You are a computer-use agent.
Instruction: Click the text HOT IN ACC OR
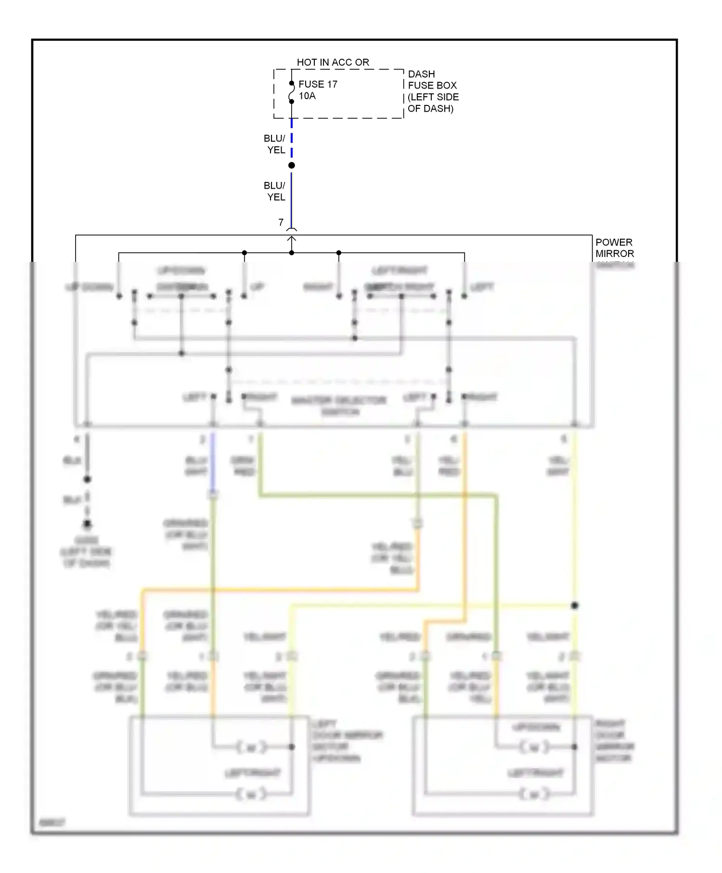333,62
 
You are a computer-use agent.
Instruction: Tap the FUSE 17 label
318,84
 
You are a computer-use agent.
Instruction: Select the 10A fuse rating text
307,96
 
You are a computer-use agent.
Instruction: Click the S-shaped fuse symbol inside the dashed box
292,92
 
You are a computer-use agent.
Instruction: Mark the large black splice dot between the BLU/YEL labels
292,166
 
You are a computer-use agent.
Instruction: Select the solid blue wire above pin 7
292,197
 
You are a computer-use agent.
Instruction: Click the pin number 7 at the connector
281,222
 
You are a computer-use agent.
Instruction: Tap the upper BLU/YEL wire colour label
275,144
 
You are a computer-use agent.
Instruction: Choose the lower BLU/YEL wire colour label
275,191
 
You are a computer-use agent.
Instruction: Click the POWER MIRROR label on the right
614,248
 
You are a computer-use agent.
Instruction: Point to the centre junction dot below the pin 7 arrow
292,253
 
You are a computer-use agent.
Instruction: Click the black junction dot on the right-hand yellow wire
574,605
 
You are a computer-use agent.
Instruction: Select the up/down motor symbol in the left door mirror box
251,747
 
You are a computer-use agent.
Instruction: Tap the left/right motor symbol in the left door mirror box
251,794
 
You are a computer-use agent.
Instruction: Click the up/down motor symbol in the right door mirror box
534,747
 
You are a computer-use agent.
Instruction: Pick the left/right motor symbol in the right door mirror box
534,794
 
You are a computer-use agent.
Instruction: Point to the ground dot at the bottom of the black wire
87,524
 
